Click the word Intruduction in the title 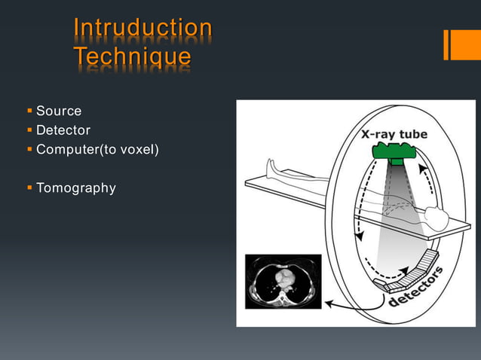tap(142, 28)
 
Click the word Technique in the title tap(132, 56)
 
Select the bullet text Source tap(59, 111)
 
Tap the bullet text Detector tap(63, 130)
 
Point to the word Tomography tap(76, 188)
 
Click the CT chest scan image tap(283, 281)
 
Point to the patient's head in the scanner tap(437, 218)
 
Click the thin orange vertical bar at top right tap(446, 44)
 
